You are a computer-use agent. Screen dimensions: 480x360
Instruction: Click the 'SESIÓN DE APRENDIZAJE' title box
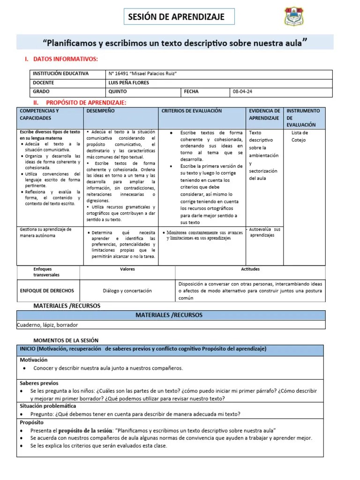[x=180, y=17]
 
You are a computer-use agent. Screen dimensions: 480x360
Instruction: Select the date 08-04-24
[x=242, y=92]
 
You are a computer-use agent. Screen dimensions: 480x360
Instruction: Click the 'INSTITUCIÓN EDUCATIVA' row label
[x=60, y=74]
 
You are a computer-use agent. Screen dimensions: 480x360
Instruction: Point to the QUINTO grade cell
[x=117, y=92]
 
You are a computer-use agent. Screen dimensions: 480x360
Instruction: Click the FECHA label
[x=192, y=92]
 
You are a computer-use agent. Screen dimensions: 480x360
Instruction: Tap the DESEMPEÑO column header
[x=100, y=111]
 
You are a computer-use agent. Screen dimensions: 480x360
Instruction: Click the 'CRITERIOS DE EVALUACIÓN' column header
[x=192, y=111]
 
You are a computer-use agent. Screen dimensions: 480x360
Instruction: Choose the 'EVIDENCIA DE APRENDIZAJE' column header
[x=264, y=114]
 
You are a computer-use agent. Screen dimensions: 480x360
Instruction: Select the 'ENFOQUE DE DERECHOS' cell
[x=47, y=291]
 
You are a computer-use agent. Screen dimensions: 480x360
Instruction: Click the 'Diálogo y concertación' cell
[x=127, y=291]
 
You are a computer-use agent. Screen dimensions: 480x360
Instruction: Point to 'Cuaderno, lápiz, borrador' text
[x=47, y=325]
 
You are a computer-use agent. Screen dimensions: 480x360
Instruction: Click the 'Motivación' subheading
[x=34, y=360]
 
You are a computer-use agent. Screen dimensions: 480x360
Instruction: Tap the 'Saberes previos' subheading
[x=39, y=383]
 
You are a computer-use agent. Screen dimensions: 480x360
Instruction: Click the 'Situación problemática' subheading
[x=47, y=406]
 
